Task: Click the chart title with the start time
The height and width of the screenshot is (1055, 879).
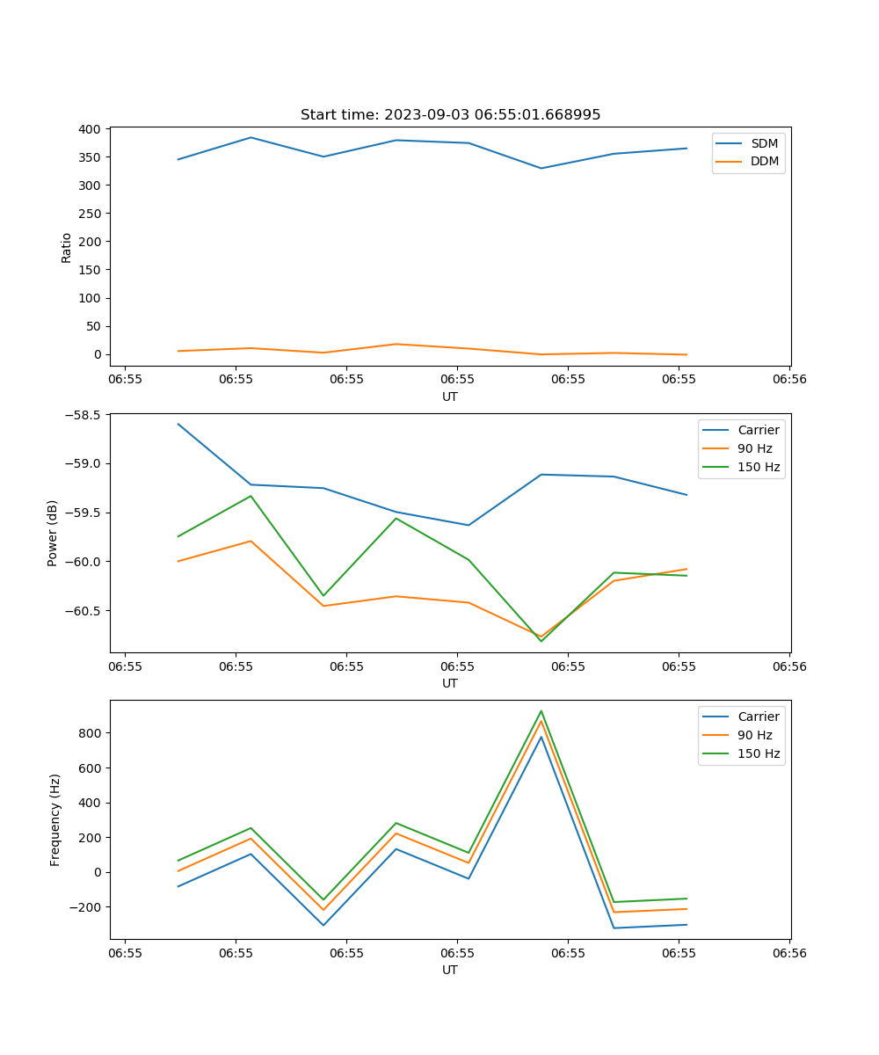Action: click(450, 115)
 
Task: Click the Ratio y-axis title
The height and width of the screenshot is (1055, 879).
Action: click(67, 247)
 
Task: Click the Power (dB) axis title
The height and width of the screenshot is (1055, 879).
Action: click(54, 533)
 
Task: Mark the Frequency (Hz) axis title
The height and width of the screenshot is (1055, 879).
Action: click(55, 819)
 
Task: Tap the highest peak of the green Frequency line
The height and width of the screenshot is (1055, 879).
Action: click(541, 711)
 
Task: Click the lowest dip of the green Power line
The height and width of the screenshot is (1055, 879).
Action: click(541, 641)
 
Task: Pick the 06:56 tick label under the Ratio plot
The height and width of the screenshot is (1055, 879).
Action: click(788, 380)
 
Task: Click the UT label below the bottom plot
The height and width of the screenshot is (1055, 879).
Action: click(450, 970)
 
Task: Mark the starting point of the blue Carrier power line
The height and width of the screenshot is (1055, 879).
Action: click(178, 424)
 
